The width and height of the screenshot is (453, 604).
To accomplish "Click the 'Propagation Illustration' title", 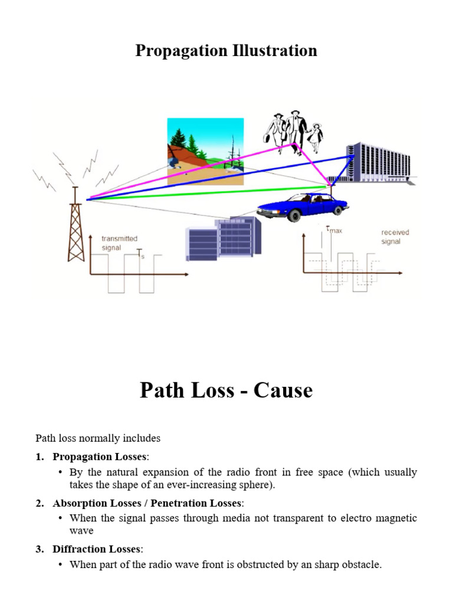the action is coord(226,51).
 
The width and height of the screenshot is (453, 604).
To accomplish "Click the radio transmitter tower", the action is coord(75,227).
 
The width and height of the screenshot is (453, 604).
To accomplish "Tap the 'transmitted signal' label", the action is coord(119,243).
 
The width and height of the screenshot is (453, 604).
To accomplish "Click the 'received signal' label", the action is coord(395,237).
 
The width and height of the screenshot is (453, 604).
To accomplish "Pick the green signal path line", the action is coord(206,193).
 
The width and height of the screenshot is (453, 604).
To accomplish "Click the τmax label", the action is coord(334,230).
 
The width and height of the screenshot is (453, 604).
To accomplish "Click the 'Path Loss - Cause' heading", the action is coord(226,390).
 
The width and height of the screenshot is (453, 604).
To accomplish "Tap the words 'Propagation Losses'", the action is coord(100,457).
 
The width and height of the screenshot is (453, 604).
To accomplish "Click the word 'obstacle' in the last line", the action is coord(362,565).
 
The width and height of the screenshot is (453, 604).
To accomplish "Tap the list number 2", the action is coord(39,503).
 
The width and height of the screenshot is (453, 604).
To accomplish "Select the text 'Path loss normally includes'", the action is coord(98,438).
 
